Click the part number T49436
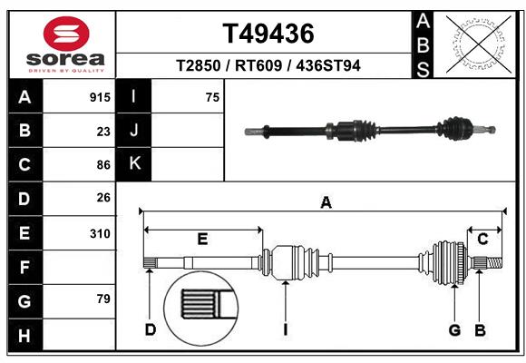pos(268,34)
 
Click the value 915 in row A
pos(100,97)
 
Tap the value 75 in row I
pos(212,97)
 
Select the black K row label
pos(134,165)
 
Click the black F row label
pos(24,267)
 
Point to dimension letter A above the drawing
pos(325,202)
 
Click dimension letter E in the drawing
pos(202,240)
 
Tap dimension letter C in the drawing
pos(482,240)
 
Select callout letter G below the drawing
pos(454,329)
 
